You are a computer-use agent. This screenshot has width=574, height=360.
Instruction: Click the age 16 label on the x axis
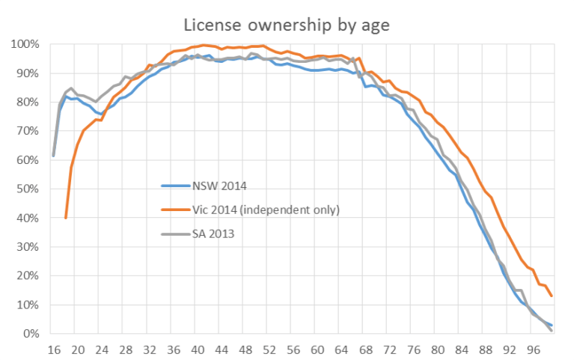(x=53, y=348)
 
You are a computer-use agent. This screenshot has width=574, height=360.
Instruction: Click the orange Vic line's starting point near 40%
(x=66, y=218)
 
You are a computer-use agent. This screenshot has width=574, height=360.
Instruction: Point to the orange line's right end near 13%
(x=552, y=296)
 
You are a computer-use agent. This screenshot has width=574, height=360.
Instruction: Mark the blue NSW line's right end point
(x=552, y=326)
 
